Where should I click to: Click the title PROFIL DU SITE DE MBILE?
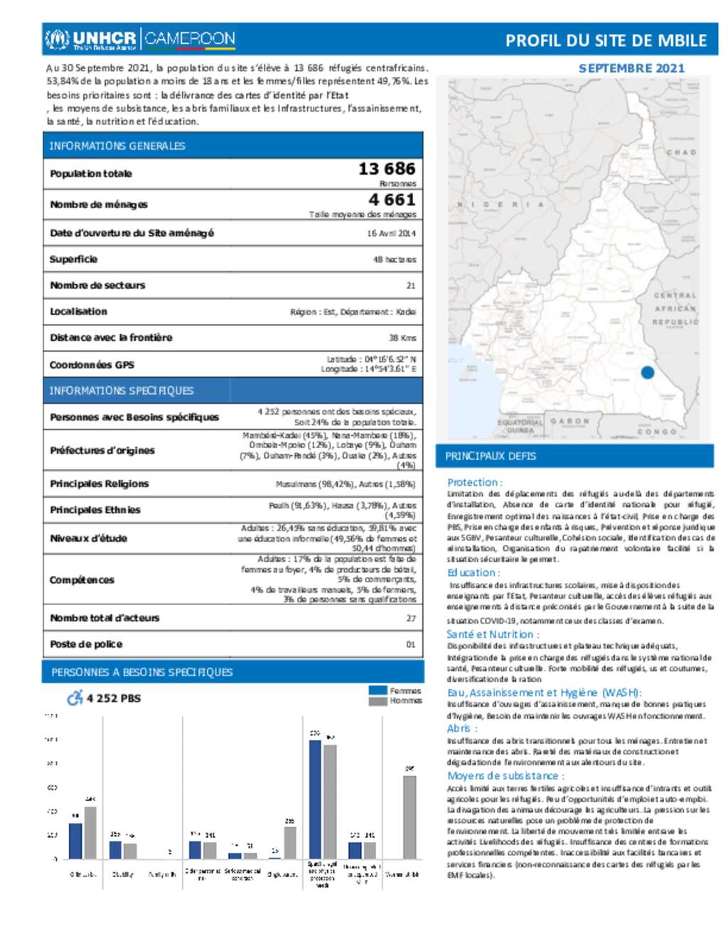606,41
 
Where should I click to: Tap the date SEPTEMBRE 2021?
631,68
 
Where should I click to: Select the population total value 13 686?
386,169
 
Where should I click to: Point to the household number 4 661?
392,200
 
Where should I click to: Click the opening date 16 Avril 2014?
391,233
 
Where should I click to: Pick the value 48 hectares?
395,260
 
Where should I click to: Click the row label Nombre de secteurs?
97,285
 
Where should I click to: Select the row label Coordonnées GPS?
92,365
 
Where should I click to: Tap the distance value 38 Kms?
402,338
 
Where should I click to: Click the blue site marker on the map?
647,372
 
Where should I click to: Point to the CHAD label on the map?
680,153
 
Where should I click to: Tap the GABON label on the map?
569,421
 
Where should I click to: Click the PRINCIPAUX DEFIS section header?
491,456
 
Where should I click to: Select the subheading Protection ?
474,482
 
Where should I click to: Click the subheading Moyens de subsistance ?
505,776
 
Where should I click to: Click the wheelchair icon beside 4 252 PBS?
75,698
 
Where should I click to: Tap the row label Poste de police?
86,644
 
